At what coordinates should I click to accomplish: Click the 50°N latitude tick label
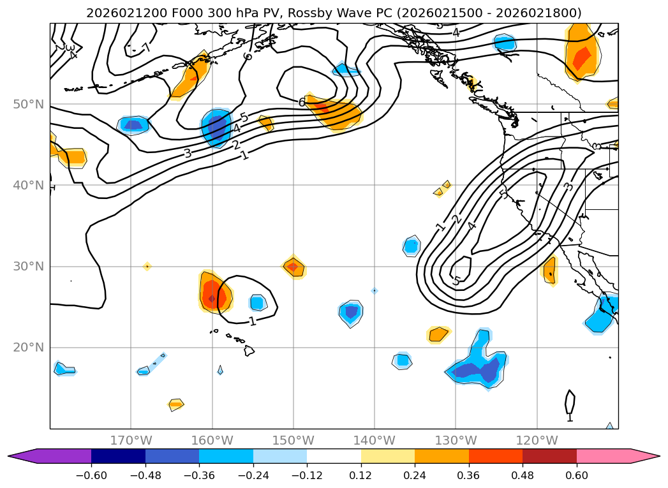(28, 105)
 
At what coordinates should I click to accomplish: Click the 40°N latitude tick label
(28, 186)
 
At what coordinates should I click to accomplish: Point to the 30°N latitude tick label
(28, 267)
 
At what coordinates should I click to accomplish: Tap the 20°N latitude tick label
(28, 348)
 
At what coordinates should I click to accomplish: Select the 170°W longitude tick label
(131, 440)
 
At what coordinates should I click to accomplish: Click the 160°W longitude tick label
(212, 440)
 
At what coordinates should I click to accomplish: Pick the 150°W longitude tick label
(293, 440)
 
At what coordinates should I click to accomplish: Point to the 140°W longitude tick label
(375, 440)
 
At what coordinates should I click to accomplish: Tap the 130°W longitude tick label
(456, 440)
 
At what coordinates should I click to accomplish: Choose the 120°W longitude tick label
(537, 440)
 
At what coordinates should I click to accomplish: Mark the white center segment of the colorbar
(334, 455)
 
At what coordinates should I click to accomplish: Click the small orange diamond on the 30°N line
(147, 266)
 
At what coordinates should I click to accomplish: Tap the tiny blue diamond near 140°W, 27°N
(375, 291)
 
